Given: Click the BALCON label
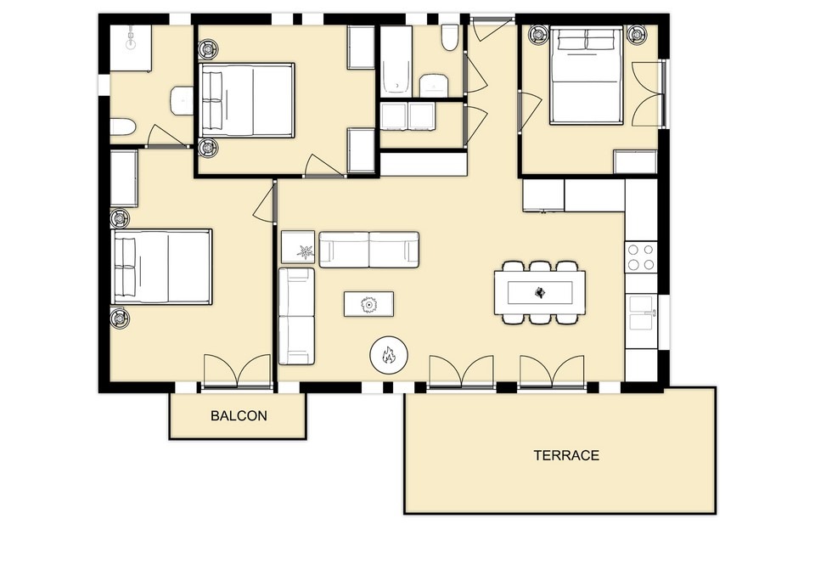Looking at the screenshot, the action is point(239,415).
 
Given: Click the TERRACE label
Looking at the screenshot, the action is point(566,455).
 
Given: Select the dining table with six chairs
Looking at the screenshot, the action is point(540,293).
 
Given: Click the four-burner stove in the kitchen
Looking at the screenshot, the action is point(641,257).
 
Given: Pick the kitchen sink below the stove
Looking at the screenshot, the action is point(642,313).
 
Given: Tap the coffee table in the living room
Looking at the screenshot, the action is point(368,304).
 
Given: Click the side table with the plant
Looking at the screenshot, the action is point(298,247).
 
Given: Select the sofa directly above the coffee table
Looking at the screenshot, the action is point(369,250).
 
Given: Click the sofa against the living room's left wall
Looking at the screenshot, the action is point(296,316).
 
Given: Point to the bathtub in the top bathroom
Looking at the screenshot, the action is point(396,61).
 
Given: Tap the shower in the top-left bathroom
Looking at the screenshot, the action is point(131,48).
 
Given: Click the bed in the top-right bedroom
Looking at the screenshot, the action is point(587,76).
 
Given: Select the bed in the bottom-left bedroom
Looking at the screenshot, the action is point(162,267).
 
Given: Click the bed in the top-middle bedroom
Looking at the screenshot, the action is point(247,100).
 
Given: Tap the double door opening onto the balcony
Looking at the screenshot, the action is point(238,371).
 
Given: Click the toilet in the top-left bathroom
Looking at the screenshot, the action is point(123,127).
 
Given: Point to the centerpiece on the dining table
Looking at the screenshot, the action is point(540,293).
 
